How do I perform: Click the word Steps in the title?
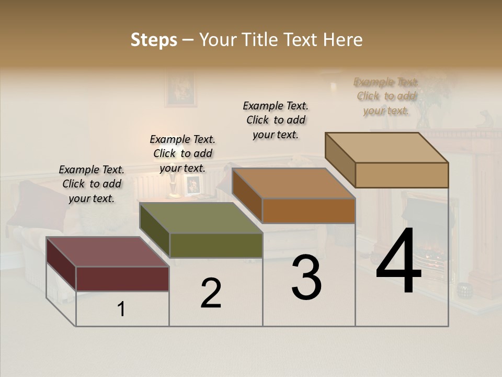(x=154, y=40)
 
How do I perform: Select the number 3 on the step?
(x=306, y=278)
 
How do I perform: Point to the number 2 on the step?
(x=211, y=293)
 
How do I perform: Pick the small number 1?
(x=121, y=309)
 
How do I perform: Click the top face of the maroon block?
(x=107, y=252)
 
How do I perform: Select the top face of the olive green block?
(x=201, y=218)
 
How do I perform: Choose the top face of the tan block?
(x=387, y=148)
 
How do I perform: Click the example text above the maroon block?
(x=92, y=184)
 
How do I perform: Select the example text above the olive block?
(x=182, y=153)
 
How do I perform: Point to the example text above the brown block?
(x=276, y=120)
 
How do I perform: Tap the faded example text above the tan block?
(x=386, y=96)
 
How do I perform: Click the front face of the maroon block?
(x=122, y=279)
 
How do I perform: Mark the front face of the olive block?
(x=216, y=245)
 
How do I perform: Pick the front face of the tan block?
(x=402, y=175)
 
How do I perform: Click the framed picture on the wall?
(x=180, y=90)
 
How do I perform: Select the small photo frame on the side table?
(x=192, y=185)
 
